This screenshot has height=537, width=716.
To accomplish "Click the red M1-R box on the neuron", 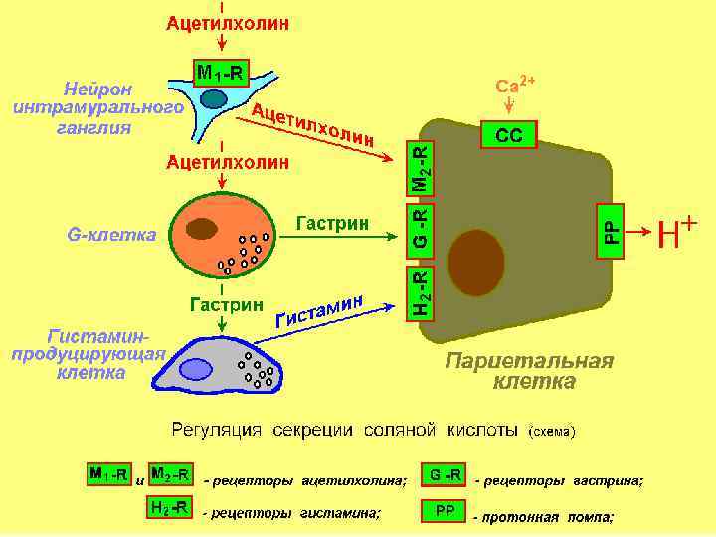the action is [221, 72].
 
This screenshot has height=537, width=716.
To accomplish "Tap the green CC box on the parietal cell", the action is [509, 135].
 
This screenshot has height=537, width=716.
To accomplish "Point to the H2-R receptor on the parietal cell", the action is [422, 293].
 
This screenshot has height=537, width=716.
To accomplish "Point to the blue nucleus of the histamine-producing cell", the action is [196, 369].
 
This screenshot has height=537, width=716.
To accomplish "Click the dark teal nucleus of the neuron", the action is [215, 98].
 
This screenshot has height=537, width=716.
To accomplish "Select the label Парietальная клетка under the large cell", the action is [528, 370].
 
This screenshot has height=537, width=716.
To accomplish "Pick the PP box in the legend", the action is [444, 510].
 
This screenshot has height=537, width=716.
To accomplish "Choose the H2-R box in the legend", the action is [169, 508].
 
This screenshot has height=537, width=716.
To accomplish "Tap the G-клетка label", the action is [111, 236].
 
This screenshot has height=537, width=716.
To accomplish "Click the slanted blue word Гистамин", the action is [320, 308].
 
